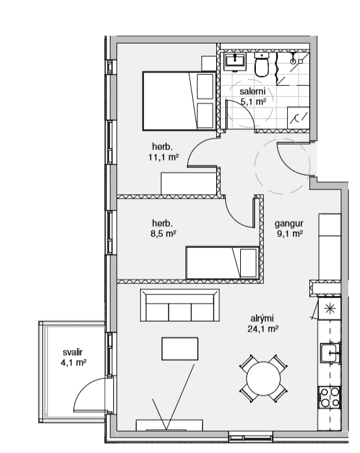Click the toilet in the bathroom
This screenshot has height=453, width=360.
262,65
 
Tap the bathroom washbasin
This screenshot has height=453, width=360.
235,61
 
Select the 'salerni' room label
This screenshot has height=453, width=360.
252,92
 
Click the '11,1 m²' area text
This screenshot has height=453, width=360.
163,157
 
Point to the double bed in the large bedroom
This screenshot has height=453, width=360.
179,101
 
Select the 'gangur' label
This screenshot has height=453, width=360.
288,224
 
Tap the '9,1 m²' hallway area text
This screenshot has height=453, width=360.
290,234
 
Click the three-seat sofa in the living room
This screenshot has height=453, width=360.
180,305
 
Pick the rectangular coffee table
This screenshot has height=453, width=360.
180,349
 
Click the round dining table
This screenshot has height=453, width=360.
263,378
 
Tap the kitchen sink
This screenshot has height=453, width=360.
330,353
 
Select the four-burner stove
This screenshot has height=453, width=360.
329,397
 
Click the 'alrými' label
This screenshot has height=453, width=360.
262,318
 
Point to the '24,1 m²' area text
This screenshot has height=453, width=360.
263,329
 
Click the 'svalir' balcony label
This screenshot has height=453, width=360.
72,352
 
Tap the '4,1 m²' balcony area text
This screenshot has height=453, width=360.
74,363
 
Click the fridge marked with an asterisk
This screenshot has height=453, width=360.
329,309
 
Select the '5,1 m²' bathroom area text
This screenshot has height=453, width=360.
253,102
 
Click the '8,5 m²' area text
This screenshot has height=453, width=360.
163,234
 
